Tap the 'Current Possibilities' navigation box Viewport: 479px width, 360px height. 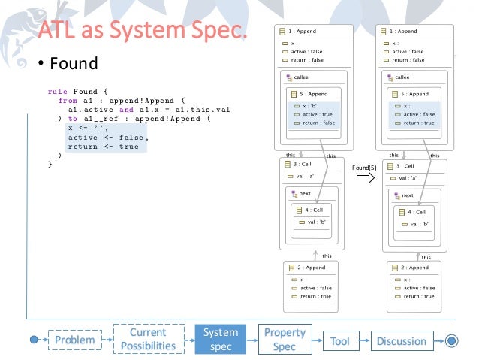[148, 340]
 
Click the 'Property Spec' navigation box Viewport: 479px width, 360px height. [284, 340]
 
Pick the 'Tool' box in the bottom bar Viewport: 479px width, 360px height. [339, 340]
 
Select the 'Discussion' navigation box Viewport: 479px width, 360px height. [401, 340]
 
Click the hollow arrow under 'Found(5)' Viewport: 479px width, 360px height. [365, 178]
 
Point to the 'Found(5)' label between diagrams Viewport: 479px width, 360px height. [365, 167]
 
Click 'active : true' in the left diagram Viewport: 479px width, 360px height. [318, 114]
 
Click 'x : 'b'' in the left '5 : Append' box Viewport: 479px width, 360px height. [309, 106]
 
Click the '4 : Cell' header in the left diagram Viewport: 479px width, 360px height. [312, 211]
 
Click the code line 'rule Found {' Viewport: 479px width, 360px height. [79, 90]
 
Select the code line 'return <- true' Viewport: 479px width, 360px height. [103, 147]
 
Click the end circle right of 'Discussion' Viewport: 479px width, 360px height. [451, 340]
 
